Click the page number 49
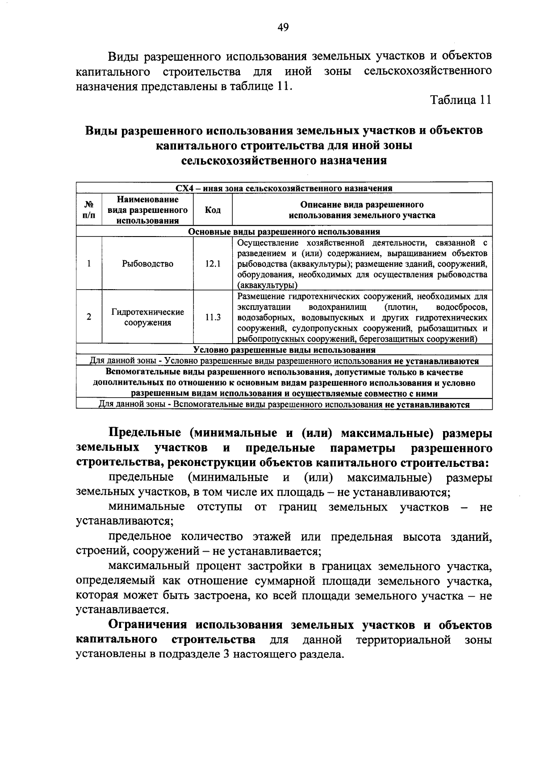[x=283, y=28]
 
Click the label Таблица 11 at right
[x=461, y=100]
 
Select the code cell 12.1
[x=213, y=264]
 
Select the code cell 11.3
[x=213, y=317]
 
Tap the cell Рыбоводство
[x=147, y=264]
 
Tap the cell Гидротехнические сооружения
[x=147, y=317]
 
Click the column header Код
[x=213, y=210]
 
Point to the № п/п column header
[x=89, y=210]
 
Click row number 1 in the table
[x=89, y=264]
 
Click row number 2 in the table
[x=89, y=317]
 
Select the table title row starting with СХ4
[x=284, y=188]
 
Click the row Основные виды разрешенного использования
[x=284, y=232]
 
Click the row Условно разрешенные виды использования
[x=284, y=350]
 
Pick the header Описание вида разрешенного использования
[x=362, y=210]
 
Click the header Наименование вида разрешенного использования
[x=147, y=210]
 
